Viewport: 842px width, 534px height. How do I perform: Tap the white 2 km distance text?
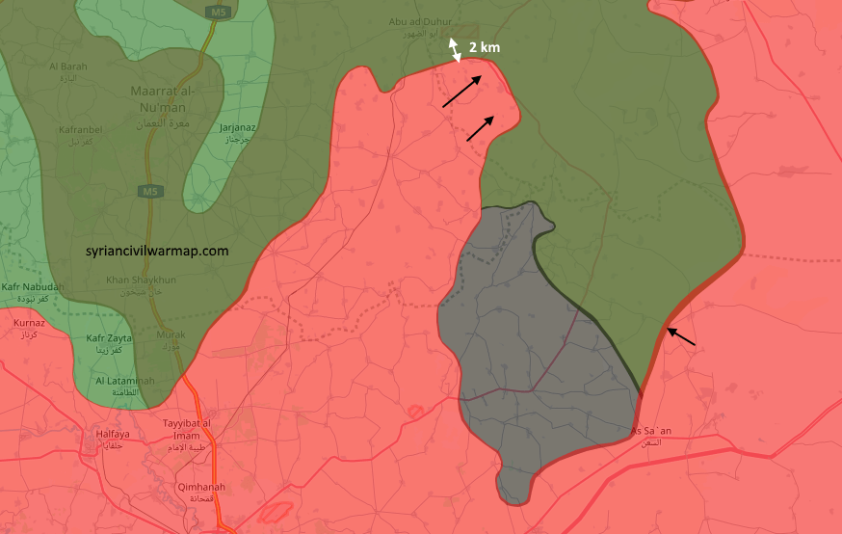(484, 46)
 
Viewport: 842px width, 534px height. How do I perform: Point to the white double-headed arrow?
(455, 50)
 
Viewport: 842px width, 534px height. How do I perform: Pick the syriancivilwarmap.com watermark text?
(157, 250)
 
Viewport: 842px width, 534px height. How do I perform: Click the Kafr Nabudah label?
(34, 292)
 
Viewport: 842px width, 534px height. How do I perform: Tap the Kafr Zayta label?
(109, 343)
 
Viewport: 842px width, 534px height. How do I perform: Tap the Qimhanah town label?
(201, 492)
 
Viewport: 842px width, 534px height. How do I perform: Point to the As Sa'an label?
(651, 435)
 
